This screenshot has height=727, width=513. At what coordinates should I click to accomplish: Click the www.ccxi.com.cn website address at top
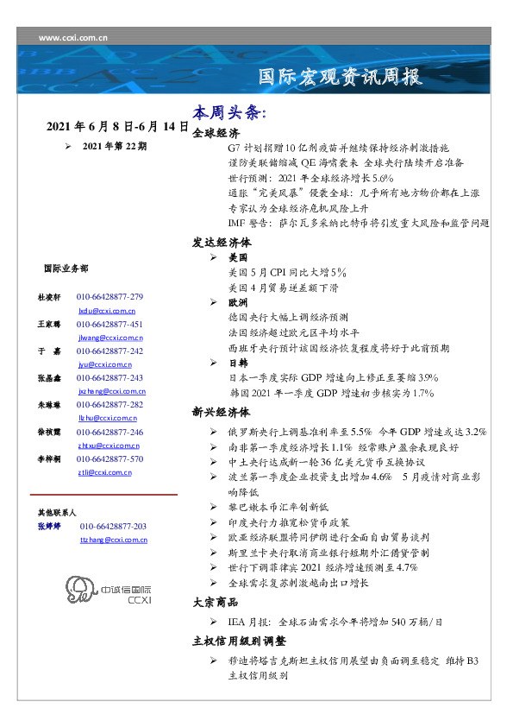[72, 38]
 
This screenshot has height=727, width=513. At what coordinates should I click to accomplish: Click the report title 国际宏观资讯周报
[341, 78]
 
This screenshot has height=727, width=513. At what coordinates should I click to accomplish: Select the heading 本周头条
[229, 113]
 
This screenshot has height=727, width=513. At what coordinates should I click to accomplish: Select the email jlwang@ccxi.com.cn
[110, 337]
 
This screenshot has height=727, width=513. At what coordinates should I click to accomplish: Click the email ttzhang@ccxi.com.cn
[113, 539]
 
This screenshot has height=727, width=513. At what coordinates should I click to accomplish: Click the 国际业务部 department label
[65, 269]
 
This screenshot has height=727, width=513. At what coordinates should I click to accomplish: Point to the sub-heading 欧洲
[238, 303]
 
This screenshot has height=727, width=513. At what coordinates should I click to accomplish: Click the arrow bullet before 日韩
[214, 363]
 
